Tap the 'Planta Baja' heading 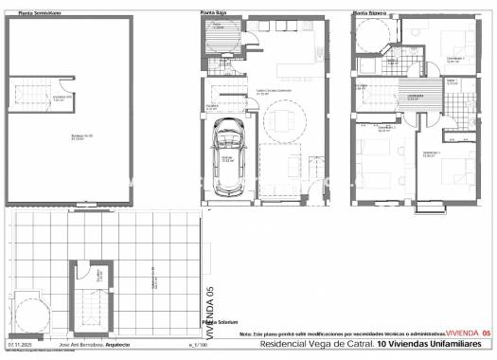coord(214,12)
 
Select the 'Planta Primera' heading coord(368,12)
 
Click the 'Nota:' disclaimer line coord(341,334)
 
